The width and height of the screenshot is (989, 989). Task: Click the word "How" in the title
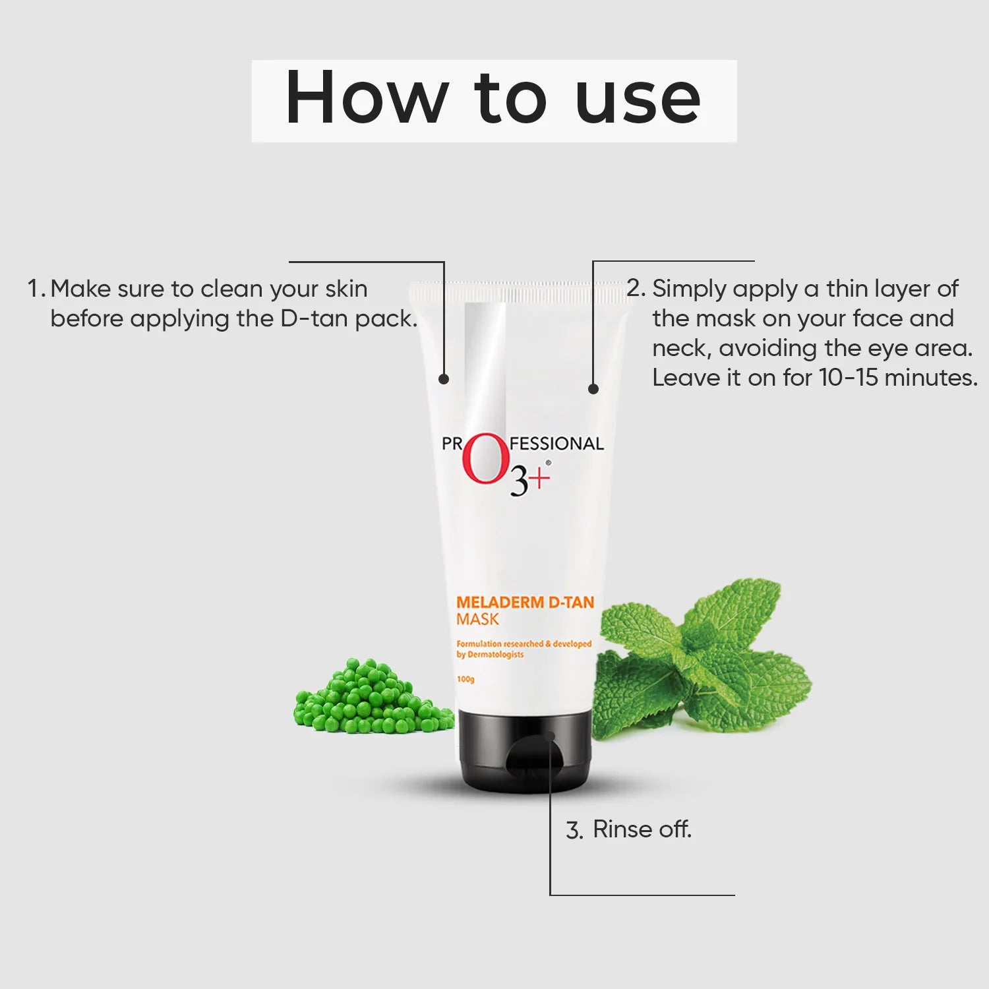pos(366,98)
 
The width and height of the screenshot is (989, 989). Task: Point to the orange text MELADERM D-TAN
pos(525,602)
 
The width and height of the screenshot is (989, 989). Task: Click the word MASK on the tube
pos(477,620)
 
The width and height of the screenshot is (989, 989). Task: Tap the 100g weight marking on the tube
pos(465,679)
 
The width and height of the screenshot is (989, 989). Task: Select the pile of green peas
pos(373,699)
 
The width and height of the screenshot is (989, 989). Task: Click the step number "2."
pos(636,288)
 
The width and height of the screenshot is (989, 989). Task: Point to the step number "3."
pos(574,830)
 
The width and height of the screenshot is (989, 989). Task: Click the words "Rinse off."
pos(642,829)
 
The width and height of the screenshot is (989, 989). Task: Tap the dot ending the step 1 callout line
pos(444,379)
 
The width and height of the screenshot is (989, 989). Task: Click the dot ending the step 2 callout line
pos(593,389)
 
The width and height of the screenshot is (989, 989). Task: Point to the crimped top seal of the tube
pos(518,291)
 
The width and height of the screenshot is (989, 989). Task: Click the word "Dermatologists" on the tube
pos(495,655)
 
